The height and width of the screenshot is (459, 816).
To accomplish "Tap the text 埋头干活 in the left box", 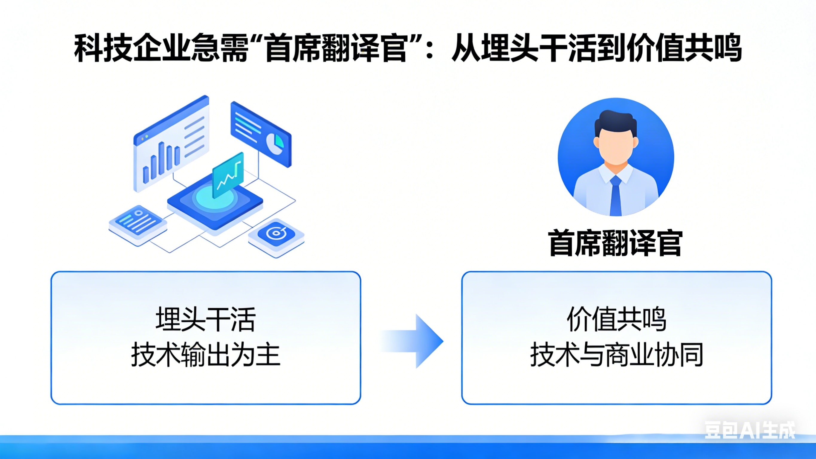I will point(206,319).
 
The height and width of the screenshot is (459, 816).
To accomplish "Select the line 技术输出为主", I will point(206,355).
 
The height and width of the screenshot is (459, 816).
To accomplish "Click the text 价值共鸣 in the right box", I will point(616,319).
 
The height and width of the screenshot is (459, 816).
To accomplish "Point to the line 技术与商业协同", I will point(616,355).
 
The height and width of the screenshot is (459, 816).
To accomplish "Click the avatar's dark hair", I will point(615,122).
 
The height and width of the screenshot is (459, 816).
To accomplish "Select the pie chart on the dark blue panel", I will point(275,144).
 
